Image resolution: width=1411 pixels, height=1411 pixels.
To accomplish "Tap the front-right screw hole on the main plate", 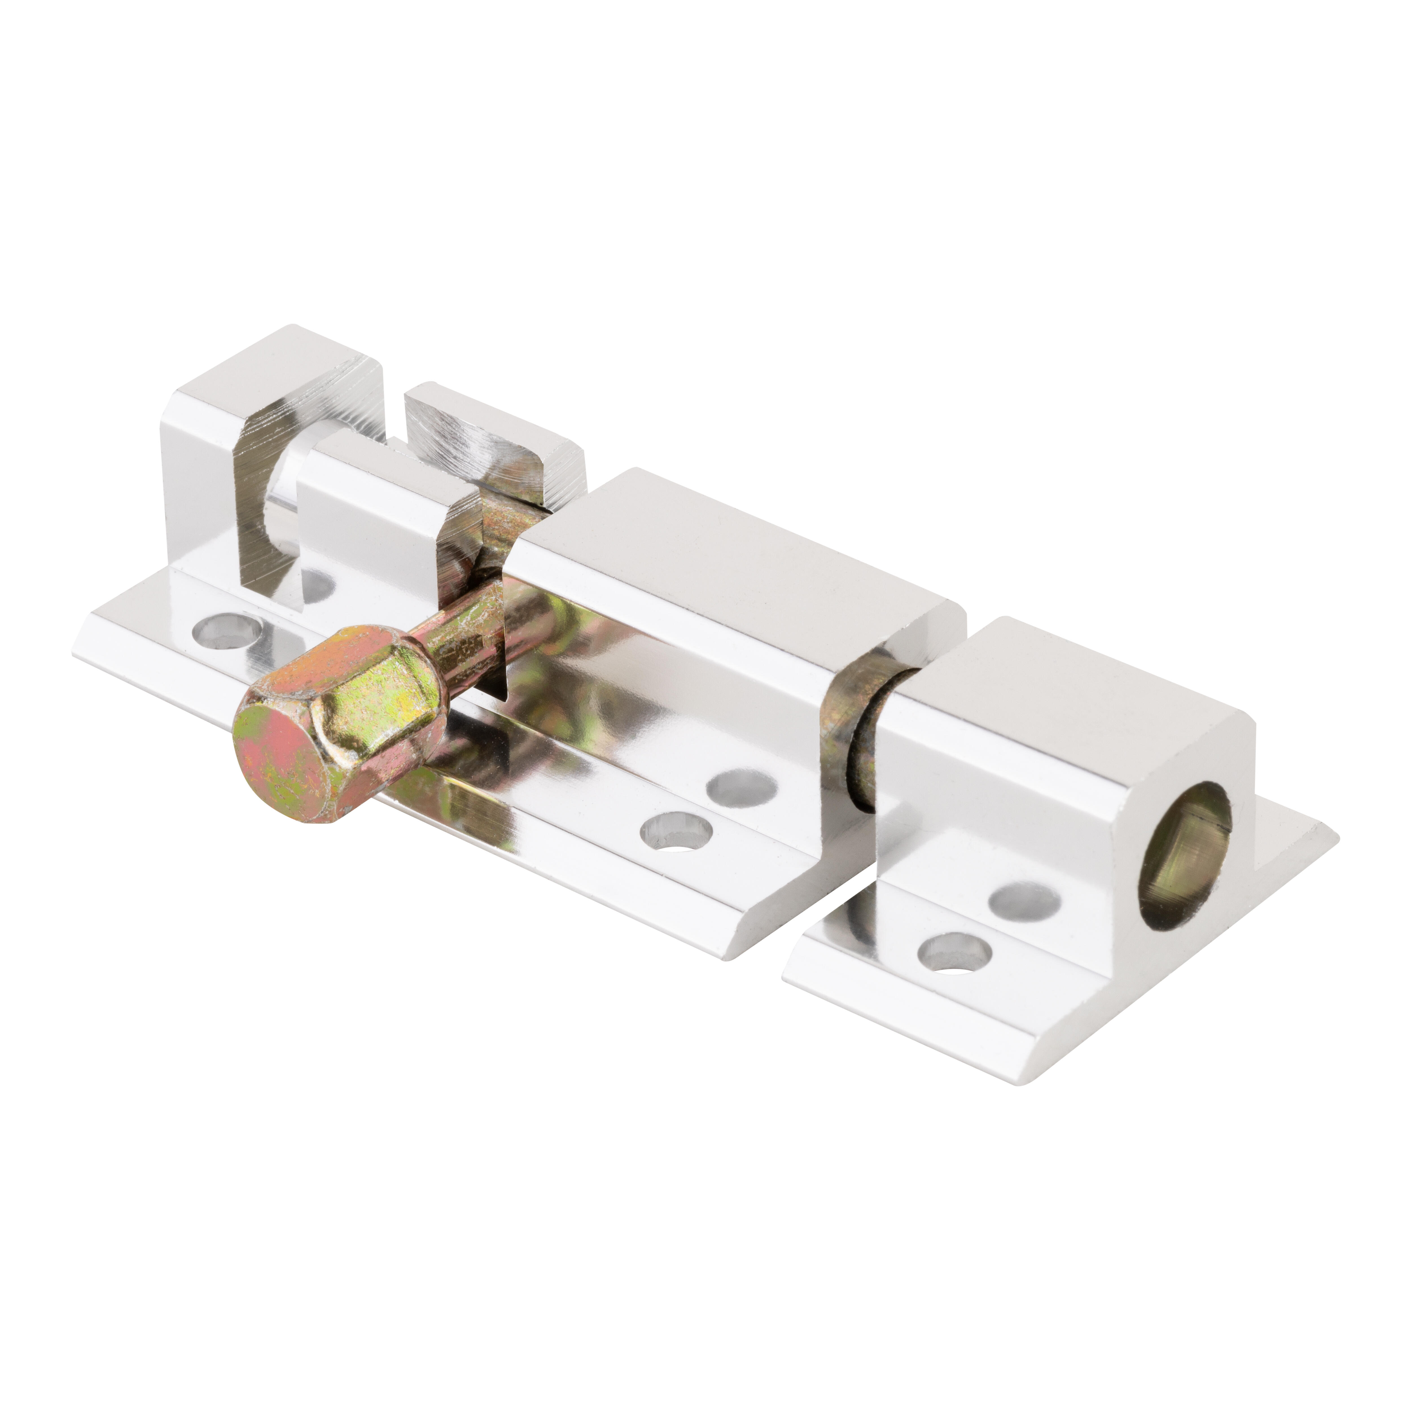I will (x=676, y=831).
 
